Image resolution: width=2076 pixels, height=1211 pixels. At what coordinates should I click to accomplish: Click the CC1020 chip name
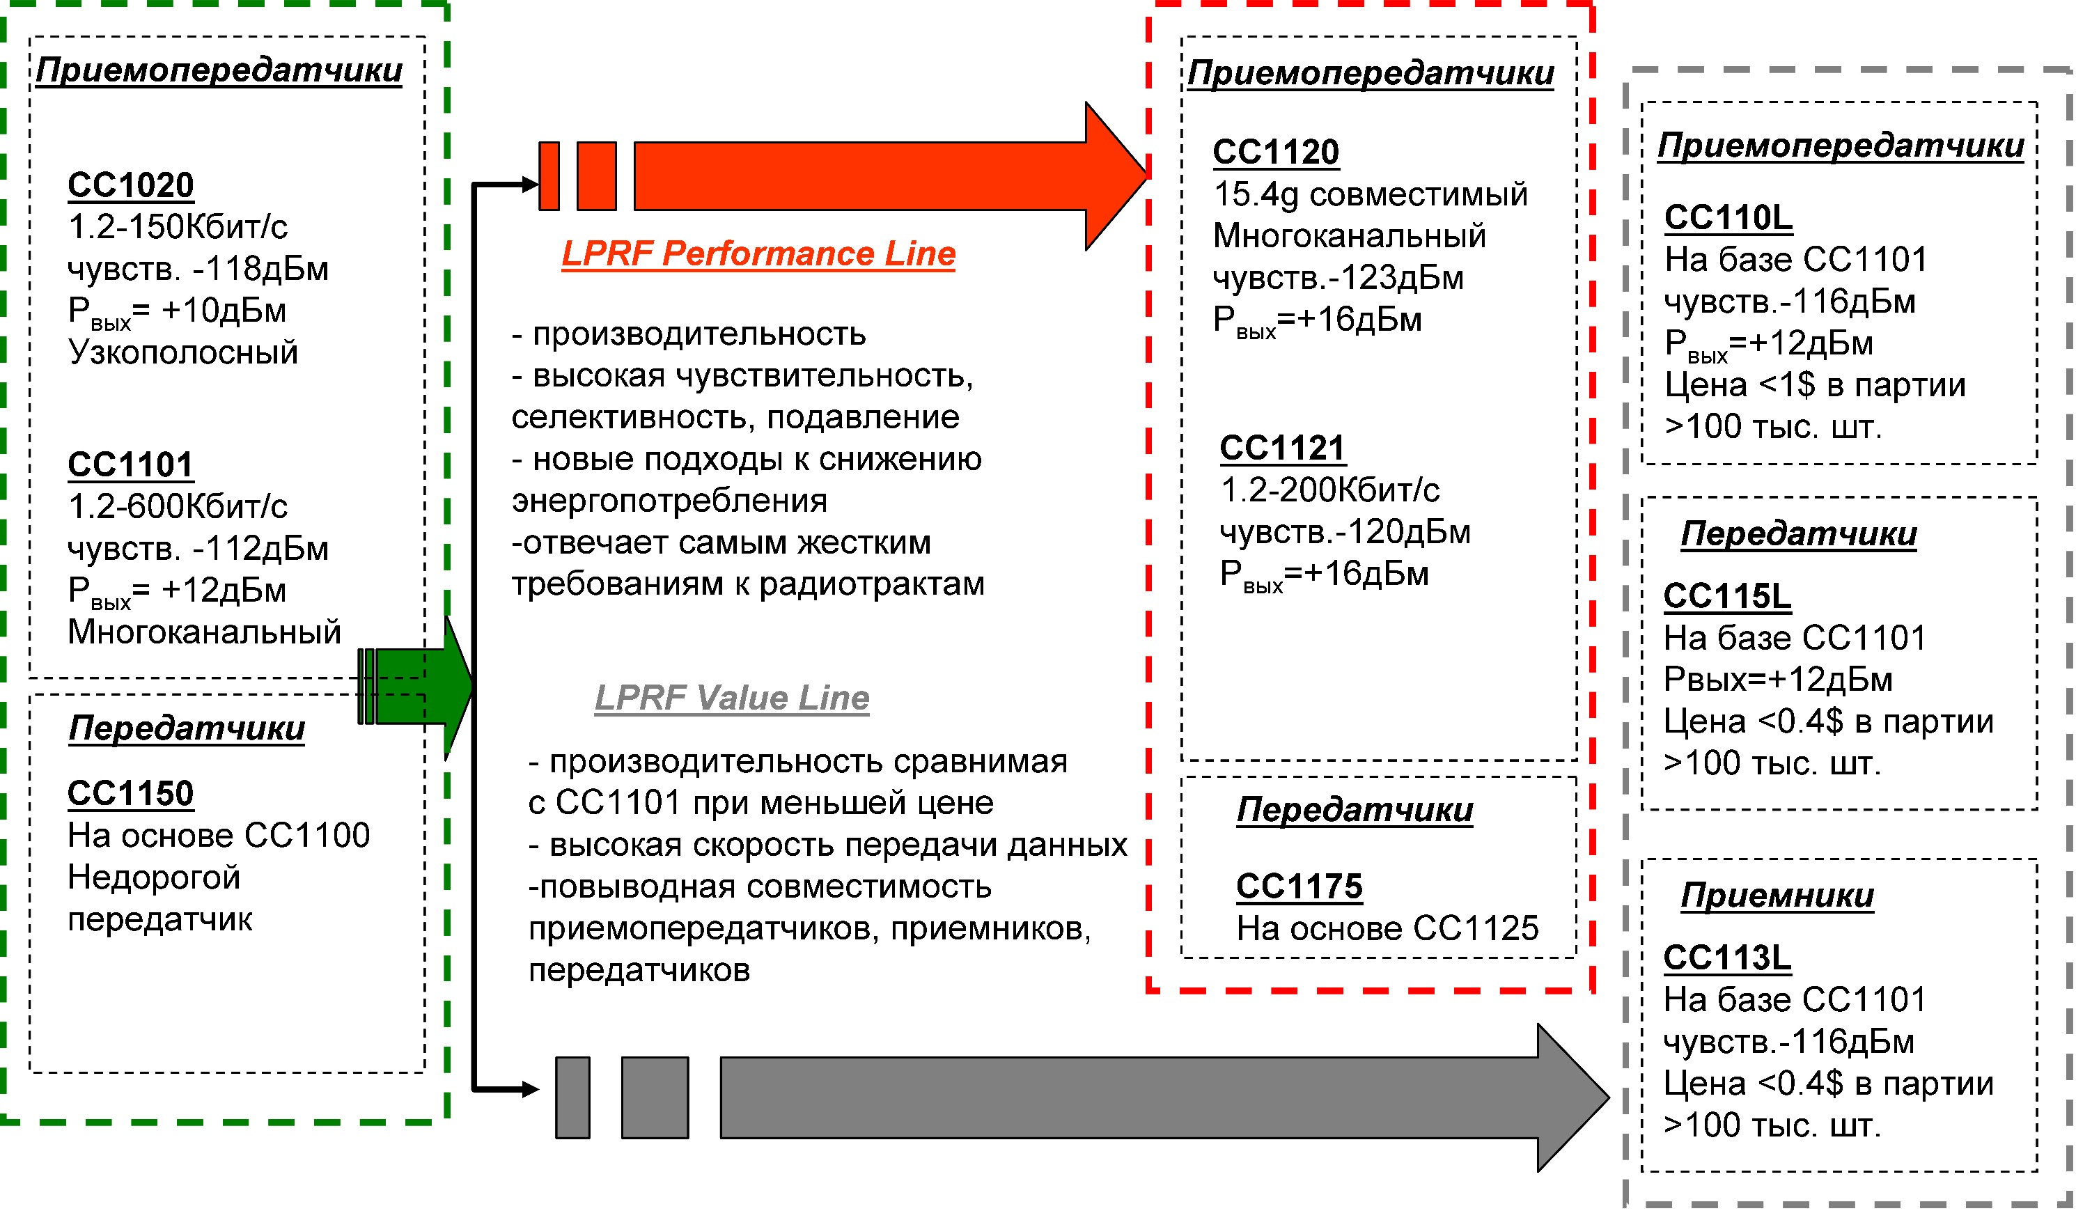[x=130, y=185]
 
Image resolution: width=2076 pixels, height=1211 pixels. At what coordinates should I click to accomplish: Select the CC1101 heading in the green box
[x=130, y=464]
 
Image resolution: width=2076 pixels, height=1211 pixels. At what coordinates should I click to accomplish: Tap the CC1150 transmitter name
[x=130, y=793]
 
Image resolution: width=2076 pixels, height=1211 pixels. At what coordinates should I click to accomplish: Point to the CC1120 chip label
[x=1276, y=153]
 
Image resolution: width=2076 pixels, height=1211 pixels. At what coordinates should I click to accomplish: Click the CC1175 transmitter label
[x=1299, y=886]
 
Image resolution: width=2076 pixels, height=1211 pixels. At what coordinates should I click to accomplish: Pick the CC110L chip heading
[x=1728, y=217]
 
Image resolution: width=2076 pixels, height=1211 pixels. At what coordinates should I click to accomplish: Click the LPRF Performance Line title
[x=758, y=253]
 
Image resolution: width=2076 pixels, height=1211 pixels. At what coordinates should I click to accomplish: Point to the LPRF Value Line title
[x=731, y=698]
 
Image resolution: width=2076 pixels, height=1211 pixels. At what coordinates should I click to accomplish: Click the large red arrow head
[x=1117, y=176]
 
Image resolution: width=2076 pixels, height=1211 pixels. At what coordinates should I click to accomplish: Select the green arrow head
[x=458, y=686]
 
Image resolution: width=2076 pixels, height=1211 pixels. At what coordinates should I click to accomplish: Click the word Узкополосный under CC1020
[x=183, y=352]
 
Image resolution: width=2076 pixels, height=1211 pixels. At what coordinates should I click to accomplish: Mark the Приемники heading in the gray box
[x=1777, y=896]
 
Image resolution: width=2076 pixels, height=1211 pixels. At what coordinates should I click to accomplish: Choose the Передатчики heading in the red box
[x=1355, y=810]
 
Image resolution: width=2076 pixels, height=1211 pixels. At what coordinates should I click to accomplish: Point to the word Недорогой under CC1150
[x=154, y=877]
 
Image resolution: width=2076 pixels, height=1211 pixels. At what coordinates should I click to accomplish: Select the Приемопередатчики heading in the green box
[x=219, y=71]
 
